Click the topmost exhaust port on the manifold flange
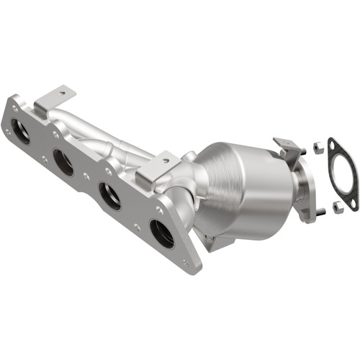click(21, 132)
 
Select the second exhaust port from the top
click(63, 163)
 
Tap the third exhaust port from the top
click(109, 195)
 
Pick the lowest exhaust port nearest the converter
click(161, 233)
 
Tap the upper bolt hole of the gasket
click(332, 145)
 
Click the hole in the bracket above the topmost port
click(62, 92)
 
